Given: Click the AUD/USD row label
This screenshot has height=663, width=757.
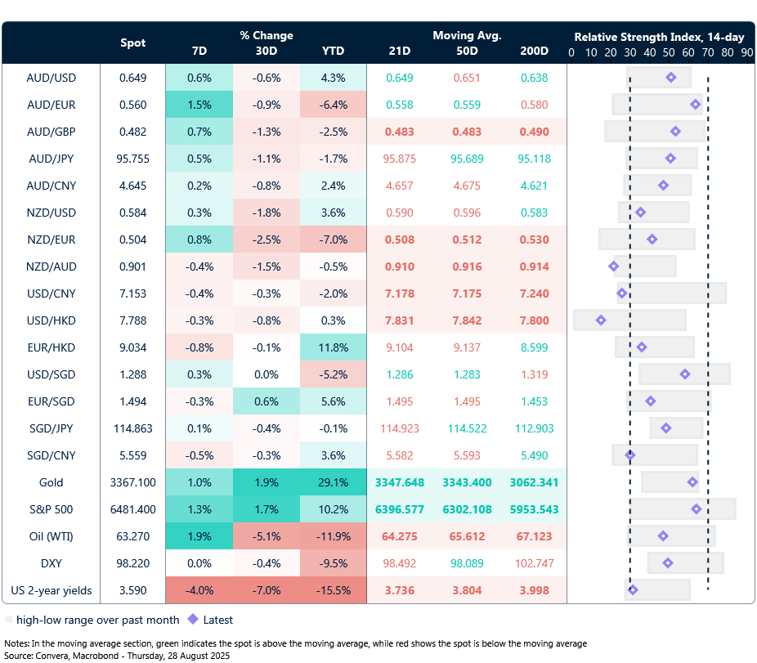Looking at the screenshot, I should coord(51,78).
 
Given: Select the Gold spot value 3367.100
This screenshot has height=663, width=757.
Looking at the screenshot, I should coord(133,482).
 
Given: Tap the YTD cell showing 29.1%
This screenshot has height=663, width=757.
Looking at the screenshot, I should coord(333,482).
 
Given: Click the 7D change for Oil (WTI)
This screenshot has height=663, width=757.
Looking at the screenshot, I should coord(199,536).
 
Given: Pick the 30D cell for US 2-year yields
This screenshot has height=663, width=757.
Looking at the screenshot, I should coord(266,590).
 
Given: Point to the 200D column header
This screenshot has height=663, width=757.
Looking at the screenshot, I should coord(534,51).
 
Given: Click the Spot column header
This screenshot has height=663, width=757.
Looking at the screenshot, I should coord(133,43).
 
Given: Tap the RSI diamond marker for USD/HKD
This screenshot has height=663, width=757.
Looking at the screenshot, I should coord(601,320).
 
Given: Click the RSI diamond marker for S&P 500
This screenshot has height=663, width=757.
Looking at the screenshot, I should coord(697,508).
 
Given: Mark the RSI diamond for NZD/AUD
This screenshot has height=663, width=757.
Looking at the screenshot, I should coord(614,267).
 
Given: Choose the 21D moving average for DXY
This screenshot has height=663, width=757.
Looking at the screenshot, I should coord(400,563).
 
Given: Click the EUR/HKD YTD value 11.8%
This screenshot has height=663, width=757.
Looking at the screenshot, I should coord(333,347).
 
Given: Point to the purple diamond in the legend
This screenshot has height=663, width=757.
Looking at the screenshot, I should coord(193,620).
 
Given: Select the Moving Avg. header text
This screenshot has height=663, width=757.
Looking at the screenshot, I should coord(467,35).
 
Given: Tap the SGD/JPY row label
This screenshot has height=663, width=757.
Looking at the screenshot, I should coord(51,428).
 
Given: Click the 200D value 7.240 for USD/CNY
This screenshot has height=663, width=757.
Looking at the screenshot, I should coord(534,293).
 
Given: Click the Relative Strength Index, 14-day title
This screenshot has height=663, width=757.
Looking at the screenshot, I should coord(659,37).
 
